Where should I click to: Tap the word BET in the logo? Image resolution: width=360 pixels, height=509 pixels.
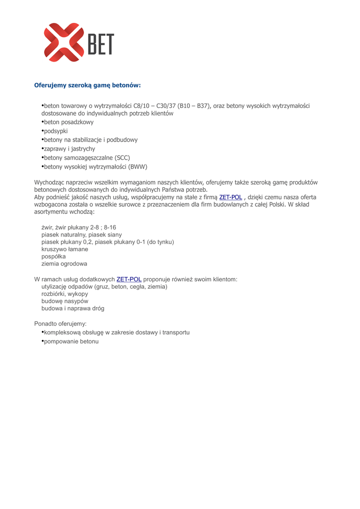(x=101, y=44)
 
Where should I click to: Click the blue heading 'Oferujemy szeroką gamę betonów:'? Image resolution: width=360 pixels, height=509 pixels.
(x=88, y=85)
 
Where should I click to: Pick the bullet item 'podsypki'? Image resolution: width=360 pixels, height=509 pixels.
(x=56, y=131)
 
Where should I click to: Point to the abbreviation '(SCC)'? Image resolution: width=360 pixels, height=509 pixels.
(x=121, y=158)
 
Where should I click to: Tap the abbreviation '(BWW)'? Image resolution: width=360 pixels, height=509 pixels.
(x=137, y=167)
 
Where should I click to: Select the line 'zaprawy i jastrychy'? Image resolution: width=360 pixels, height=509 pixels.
(x=70, y=149)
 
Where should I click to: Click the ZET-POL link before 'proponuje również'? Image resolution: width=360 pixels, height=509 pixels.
(x=129, y=279)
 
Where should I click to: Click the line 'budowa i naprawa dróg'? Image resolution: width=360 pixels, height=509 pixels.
(x=73, y=308)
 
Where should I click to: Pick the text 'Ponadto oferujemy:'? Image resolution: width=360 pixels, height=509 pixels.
(x=60, y=324)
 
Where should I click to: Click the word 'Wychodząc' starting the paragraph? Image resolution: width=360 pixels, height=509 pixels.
(x=49, y=182)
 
